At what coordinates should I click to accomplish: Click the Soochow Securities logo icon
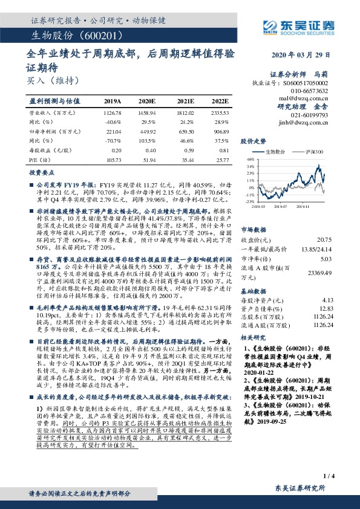270,27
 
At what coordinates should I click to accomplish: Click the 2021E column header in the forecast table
186,101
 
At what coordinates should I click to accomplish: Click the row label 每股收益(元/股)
49,151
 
